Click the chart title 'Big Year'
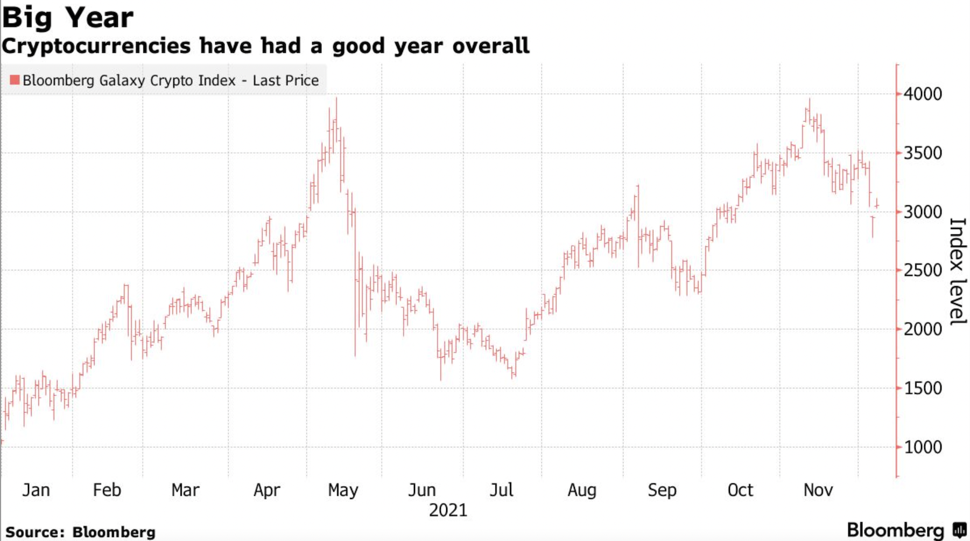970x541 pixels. (68, 18)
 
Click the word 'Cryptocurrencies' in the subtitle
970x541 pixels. (96, 46)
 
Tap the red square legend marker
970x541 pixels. (15, 80)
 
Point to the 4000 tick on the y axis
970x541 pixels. (923, 94)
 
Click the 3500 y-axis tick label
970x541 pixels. (923, 153)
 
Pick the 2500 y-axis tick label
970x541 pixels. (923, 270)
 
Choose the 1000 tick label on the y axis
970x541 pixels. (923, 447)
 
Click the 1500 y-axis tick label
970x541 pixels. (923, 389)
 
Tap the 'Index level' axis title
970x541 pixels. (957, 271)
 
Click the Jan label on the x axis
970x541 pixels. (36, 490)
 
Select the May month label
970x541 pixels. (343, 490)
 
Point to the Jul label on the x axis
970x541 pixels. (501, 490)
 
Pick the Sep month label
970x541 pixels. (662, 490)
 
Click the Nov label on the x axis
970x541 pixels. (818, 490)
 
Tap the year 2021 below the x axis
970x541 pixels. (448, 510)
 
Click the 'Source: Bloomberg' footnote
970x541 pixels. (80, 532)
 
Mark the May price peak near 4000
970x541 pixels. (336, 99)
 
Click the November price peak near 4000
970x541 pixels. (809, 100)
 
